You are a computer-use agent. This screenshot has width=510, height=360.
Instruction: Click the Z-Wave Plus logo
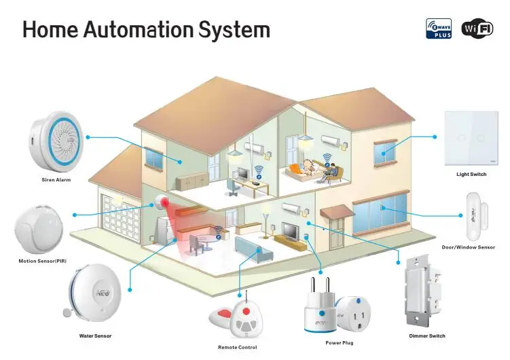click(439, 28)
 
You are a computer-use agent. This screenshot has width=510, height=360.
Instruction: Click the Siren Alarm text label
click(56, 180)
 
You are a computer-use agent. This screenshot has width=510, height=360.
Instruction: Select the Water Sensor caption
click(95, 336)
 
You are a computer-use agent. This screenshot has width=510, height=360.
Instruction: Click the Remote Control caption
click(238, 348)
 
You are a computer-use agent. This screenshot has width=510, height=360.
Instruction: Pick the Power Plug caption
click(340, 343)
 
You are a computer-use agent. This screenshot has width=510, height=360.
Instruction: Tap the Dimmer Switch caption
click(427, 336)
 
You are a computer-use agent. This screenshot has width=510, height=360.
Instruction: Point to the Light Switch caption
click(471, 175)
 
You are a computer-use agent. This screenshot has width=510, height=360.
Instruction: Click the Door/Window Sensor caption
click(469, 247)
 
